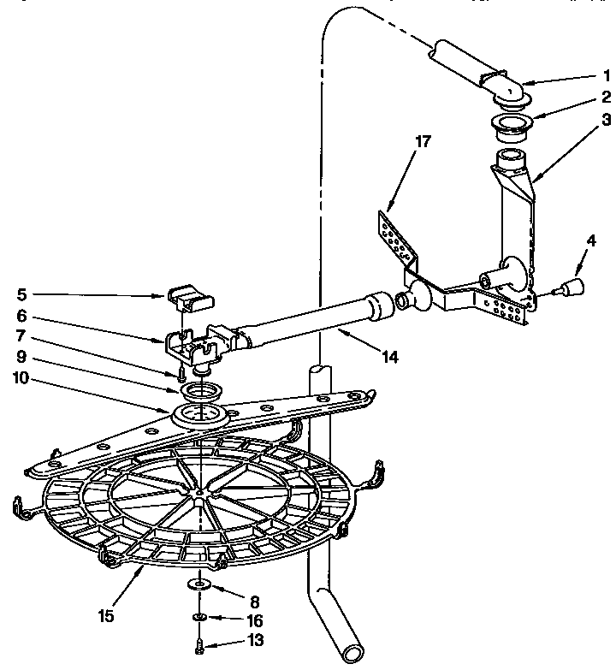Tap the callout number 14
(x=390, y=359)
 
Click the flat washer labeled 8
(x=200, y=584)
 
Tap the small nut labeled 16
(x=199, y=616)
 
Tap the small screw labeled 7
(x=182, y=374)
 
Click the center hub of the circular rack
(x=199, y=493)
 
